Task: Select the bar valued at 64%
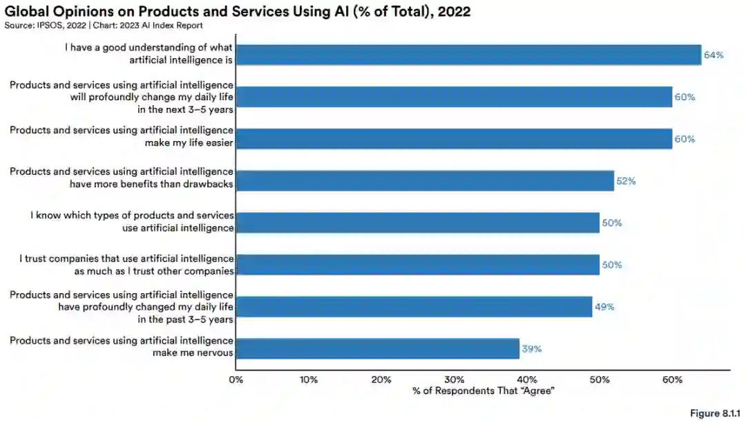pos(468,55)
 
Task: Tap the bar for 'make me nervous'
pos(377,348)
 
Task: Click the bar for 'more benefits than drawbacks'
pos(425,181)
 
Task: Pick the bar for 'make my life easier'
pos(454,139)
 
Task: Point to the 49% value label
pos(604,307)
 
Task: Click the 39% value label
pos(532,349)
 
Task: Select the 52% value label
pos(626,181)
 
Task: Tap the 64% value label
pos(714,55)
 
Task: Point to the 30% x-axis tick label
pos(454,380)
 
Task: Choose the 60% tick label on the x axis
pos(672,380)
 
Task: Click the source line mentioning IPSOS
pos(104,26)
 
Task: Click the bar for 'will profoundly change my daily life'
pos(454,97)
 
